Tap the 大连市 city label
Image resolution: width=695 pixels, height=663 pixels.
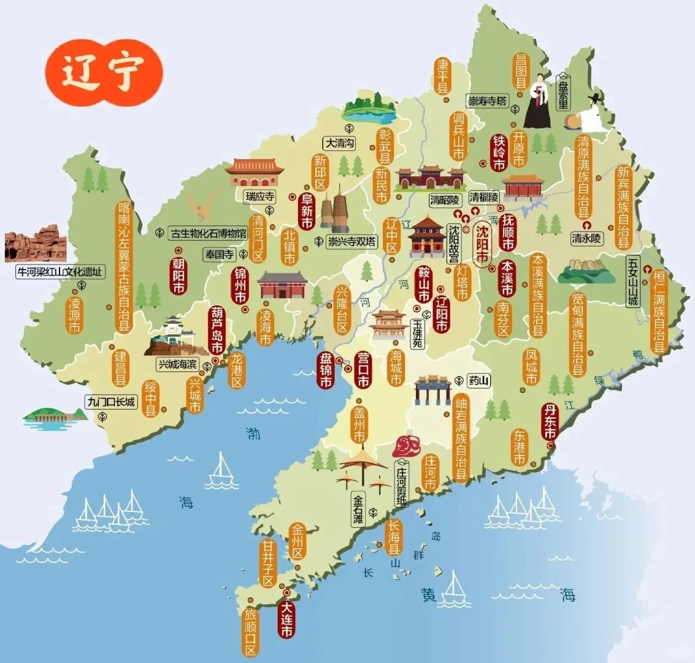[286, 618]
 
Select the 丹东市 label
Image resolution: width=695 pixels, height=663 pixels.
[550, 422]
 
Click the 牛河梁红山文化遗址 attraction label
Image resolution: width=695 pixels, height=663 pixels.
[59, 271]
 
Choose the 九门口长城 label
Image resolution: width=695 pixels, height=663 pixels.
[112, 401]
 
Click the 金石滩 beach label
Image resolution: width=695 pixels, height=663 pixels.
[358, 510]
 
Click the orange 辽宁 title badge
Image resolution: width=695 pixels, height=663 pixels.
[103, 72]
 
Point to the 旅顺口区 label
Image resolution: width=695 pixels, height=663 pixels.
[250, 632]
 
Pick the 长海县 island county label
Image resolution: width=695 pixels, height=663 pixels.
[393, 538]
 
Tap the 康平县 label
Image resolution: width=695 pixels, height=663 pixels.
[442, 76]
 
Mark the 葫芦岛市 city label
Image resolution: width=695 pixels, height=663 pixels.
[217, 330]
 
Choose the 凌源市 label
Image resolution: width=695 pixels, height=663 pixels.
[75, 315]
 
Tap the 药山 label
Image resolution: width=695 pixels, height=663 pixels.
[479, 381]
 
